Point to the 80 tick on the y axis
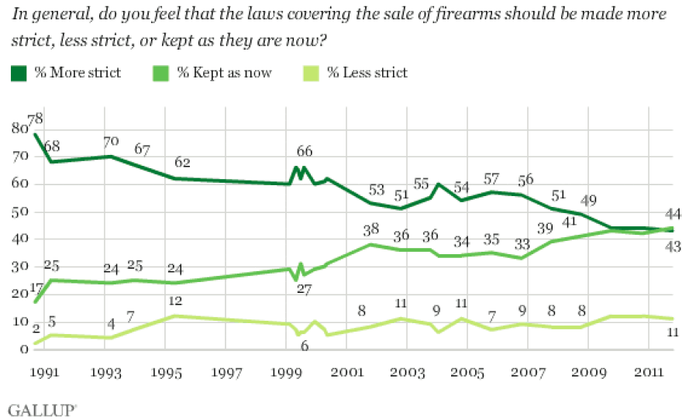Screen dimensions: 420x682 [19, 129]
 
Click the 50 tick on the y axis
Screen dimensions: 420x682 [19, 212]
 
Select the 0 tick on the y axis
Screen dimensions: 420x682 [22, 349]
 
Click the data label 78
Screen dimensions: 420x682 [35, 119]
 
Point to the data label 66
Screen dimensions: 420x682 [305, 150]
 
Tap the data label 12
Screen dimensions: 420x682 [177, 301]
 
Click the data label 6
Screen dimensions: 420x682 [303, 346]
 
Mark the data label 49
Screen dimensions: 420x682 [588, 200]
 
